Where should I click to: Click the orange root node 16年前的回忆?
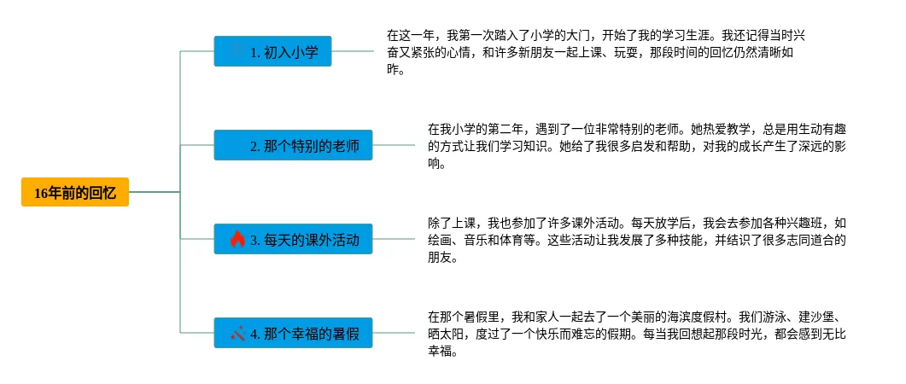[74, 194]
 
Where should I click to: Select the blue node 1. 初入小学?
[272, 52]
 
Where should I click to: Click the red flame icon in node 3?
[238, 240]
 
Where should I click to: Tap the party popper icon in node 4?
[238, 333]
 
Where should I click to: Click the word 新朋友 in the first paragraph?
[535, 53]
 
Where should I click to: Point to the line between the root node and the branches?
[154, 193]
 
